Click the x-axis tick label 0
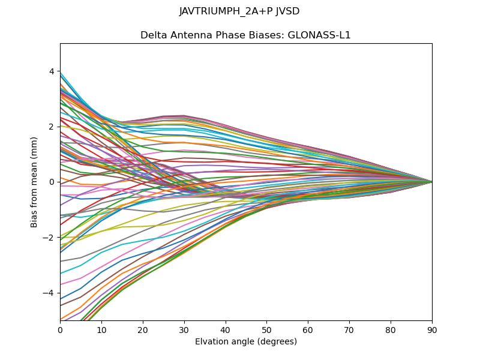pyautogui.click(x=60, y=329)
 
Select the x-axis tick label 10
pyautogui.click(x=101, y=329)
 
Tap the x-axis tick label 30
pyautogui.click(x=184, y=329)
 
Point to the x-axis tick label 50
pyautogui.click(x=266, y=329)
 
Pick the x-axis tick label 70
pyautogui.click(x=349, y=329)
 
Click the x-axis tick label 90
pyautogui.click(x=432, y=329)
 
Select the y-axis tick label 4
pyautogui.click(x=52, y=71)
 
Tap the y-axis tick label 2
pyautogui.click(x=52, y=127)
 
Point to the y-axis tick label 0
pyautogui.click(x=52, y=182)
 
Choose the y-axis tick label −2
pyautogui.click(x=49, y=238)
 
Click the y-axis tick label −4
pyautogui.click(x=49, y=293)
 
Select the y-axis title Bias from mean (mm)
pyautogui.click(x=35, y=182)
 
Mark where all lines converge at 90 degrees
pyautogui.click(x=432, y=182)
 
